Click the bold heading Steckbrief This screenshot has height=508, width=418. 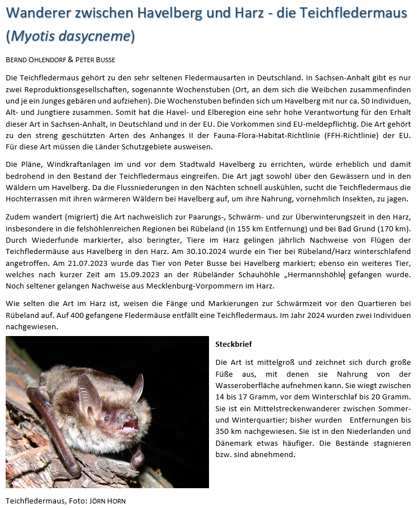[233, 344]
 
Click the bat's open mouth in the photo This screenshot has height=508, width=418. [130, 424]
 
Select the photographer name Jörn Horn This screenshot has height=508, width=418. [111, 501]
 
